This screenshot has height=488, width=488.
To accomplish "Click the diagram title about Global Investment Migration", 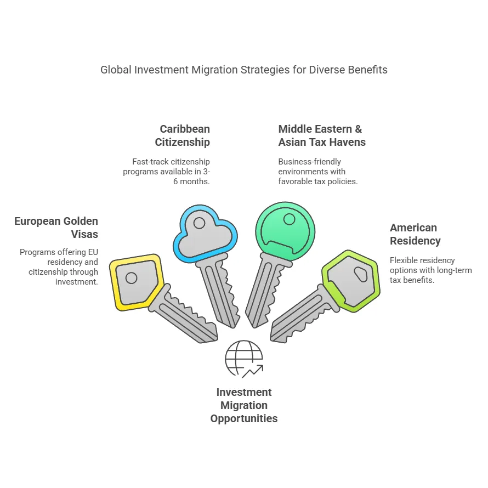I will (x=243, y=70).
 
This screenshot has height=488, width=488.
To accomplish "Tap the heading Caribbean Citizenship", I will (x=185, y=135).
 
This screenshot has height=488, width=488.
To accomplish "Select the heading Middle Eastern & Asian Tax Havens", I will (x=321, y=135).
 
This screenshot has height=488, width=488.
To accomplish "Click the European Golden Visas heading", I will (x=56, y=228).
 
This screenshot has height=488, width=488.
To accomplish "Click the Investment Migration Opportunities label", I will (x=244, y=406).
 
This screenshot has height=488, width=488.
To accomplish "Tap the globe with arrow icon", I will (x=244, y=359).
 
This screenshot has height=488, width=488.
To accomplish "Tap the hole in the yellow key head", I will (x=131, y=278).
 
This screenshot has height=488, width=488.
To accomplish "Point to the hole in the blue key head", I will (x=199, y=223).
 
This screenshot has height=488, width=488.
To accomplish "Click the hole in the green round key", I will (x=288, y=219).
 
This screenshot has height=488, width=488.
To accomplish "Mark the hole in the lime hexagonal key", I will (x=361, y=275).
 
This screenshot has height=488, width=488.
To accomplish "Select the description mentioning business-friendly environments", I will (x=317, y=171).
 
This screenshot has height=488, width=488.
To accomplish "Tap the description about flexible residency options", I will (x=430, y=270).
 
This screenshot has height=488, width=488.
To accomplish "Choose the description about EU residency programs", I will (x=59, y=267).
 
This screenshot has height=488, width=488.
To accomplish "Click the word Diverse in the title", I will (x=327, y=70).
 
